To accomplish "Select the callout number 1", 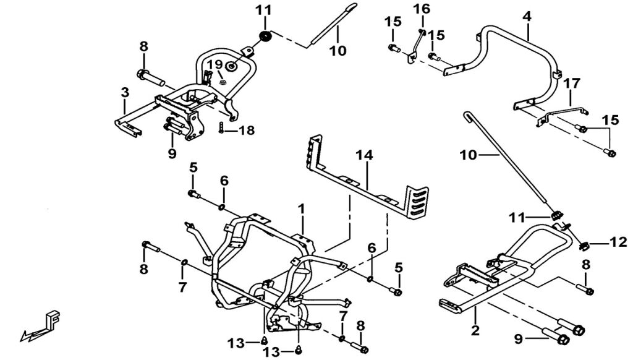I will [x=302, y=210].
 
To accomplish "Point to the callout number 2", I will [x=475, y=331].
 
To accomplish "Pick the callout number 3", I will [x=125, y=93].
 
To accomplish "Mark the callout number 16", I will [x=421, y=9].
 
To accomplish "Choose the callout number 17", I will [x=572, y=82].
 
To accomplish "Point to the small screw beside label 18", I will [x=221, y=129].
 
